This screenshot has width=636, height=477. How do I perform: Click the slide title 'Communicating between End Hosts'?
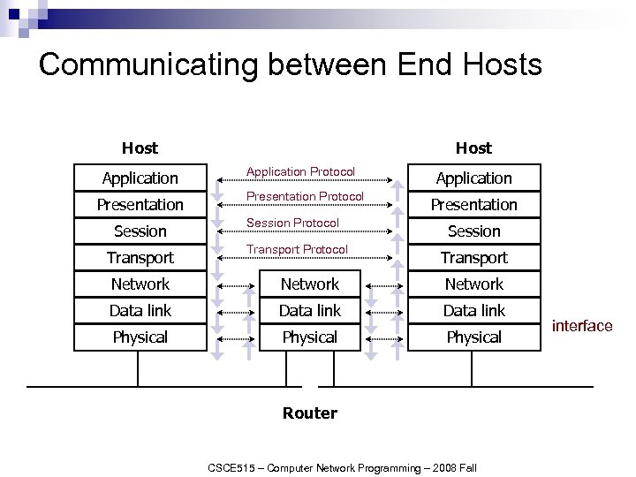(x=290, y=64)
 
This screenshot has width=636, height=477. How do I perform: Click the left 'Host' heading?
(x=140, y=148)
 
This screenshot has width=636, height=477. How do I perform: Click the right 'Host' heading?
(x=473, y=148)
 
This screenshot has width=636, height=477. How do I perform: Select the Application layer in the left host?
(x=140, y=178)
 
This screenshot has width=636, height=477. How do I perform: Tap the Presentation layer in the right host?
(x=473, y=205)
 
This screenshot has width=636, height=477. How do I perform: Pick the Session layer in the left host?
(x=140, y=231)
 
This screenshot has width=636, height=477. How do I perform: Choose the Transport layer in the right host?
(x=473, y=258)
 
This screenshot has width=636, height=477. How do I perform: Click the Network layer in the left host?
(x=140, y=284)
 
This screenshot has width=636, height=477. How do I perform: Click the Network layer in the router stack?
(x=309, y=284)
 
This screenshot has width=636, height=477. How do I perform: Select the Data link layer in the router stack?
(x=309, y=311)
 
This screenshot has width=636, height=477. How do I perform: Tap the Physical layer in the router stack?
(x=309, y=337)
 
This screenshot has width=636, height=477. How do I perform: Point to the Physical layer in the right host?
(x=473, y=337)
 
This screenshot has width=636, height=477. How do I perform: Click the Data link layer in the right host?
(x=473, y=311)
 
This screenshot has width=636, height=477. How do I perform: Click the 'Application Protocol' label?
(x=300, y=171)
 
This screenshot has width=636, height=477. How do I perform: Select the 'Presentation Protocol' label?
(x=305, y=196)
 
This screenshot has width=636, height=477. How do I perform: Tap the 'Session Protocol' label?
(x=292, y=223)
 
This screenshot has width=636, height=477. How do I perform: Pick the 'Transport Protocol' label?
(x=297, y=249)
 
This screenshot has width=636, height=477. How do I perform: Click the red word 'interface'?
(x=582, y=327)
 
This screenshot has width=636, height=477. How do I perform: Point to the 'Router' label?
(x=309, y=413)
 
